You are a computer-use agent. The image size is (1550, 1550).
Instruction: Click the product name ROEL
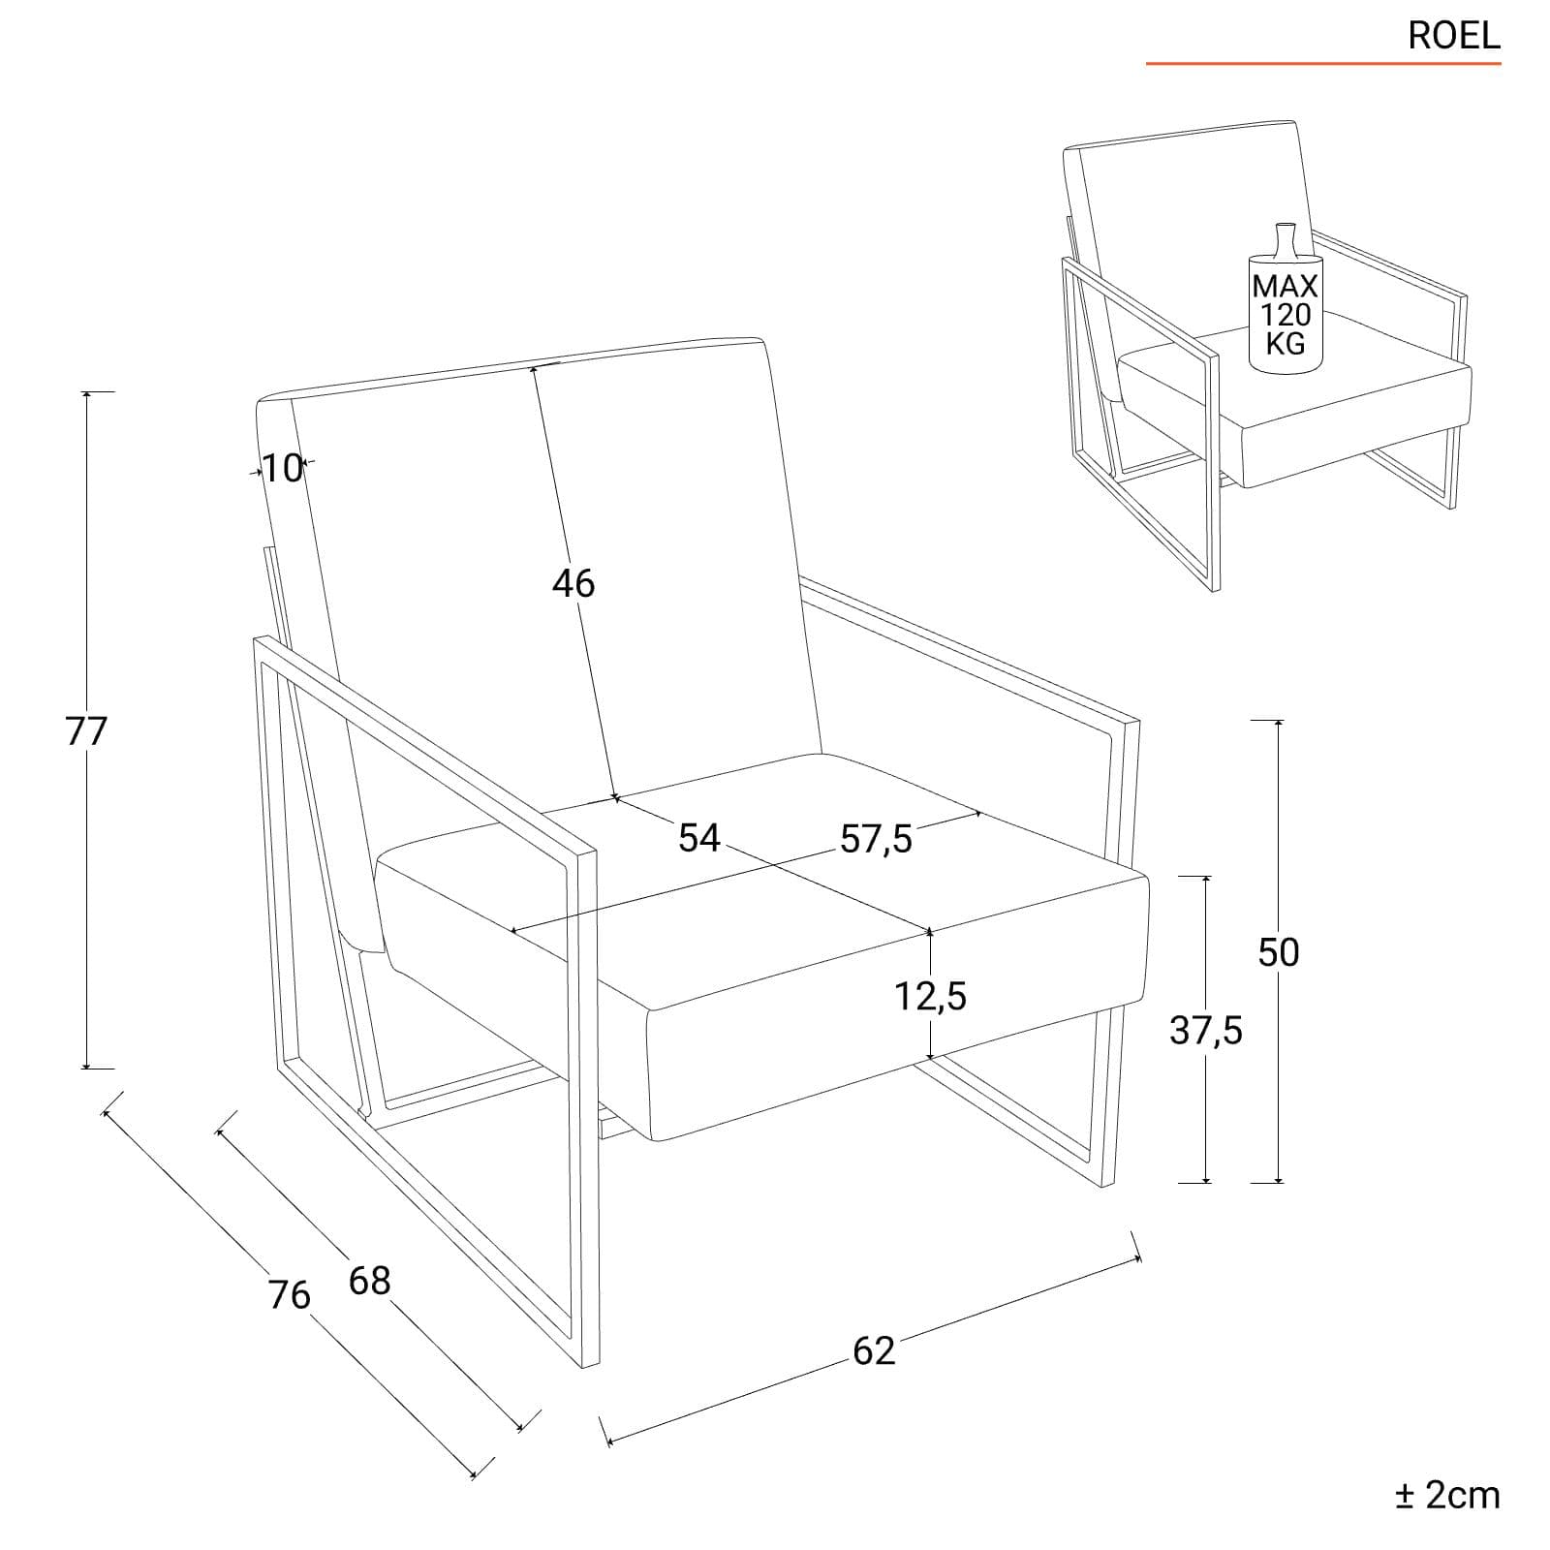(x=1453, y=36)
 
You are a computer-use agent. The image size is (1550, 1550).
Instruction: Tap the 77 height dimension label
(x=85, y=731)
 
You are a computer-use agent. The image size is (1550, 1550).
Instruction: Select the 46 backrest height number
(x=573, y=583)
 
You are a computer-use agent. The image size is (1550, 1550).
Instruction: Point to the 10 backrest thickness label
(x=284, y=469)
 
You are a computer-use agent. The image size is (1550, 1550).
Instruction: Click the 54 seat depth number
(x=699, y=838)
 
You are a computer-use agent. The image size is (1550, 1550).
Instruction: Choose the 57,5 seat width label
(x=876, y=839)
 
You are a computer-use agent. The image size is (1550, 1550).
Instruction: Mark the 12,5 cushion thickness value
(x=930, y=995)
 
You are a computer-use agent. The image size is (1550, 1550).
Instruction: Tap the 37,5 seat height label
(x=1206, y=1031)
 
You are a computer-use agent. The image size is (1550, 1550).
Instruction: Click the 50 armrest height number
(x=1279, y=952)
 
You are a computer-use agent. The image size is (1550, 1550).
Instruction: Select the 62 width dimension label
(x=874, y=1350)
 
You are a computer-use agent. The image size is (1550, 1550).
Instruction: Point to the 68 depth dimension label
(x=369, y=1281)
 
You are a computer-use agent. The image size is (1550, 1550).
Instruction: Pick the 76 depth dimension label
(x=290, y=1295)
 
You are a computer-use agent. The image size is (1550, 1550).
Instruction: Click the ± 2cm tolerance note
(x=1447, y=1495)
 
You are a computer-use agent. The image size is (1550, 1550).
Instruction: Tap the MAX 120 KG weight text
(x=1286, y=314)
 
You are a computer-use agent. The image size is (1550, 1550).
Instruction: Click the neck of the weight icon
(x=1285, y=238)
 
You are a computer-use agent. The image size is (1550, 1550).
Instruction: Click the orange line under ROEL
(x=1323, y=64)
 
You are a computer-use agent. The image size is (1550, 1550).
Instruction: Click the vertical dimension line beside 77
(x=86, y=730)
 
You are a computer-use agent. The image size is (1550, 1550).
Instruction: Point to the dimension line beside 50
(x=1279, y=951)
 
